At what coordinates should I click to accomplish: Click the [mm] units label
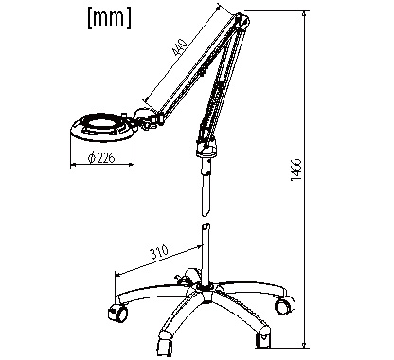pyautogui.click(x=109, y=18)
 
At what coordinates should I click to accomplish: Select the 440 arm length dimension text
pyautogui.click(x=180, y=47)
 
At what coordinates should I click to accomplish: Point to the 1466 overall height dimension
pyautogui.click(x=296, y=170)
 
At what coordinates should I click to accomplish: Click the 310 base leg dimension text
pyautogui.click(x=159, y=252)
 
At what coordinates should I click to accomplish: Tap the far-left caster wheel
pyautogui.click(x=117, y=313)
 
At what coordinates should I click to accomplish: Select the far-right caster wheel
pyautogui.click(x=284, y=305)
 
